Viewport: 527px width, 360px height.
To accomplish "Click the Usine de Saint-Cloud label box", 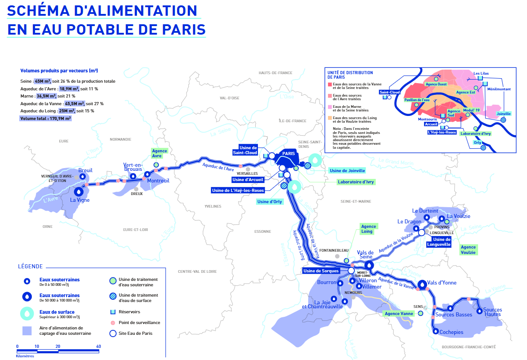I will pos(248,150).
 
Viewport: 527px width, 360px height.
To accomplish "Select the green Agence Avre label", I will pos(159,153).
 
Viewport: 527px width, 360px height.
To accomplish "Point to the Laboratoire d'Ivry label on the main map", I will pos(356,182).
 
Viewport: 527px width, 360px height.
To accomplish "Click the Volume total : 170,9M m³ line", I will pos(45,119).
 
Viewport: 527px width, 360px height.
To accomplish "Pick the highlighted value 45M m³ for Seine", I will pos(43,81).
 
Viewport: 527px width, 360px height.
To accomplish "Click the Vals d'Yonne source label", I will pos(442,283).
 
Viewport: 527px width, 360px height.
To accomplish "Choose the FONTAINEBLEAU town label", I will pos(336,250).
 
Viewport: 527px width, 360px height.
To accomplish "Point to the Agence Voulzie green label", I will pos(468,250).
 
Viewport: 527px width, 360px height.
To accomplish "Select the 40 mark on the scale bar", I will pos(98,347).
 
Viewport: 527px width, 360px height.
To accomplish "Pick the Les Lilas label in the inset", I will pos(481,73).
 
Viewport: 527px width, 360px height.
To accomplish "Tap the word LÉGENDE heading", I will pos(31,267).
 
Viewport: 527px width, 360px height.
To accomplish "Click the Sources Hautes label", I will pos(492,312).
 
